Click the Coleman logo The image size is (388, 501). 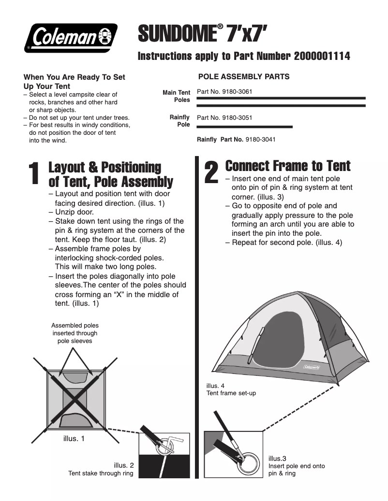click(x=72, y=37)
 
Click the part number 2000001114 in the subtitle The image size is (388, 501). click(x=322, y=57)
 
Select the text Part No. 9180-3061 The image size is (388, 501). click(x=224, y=91)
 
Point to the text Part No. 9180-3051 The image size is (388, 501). click(x=224, y=117)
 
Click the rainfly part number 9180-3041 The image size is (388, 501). click(x=260, y=140)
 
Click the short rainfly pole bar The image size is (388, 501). click(x=244, y=127)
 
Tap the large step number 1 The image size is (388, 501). click(x=33, y=174)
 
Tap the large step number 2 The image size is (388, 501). click(x=211, y=172)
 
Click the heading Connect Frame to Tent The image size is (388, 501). click(x=288, y=166)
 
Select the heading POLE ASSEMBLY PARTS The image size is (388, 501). click(x=244, y=77)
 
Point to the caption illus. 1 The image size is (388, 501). click(x=74, y=439)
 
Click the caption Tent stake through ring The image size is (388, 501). click(x=101, y=473)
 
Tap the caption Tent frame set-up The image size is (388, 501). click(x=231, y=393)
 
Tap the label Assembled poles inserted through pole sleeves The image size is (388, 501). click(x=75, y=333)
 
